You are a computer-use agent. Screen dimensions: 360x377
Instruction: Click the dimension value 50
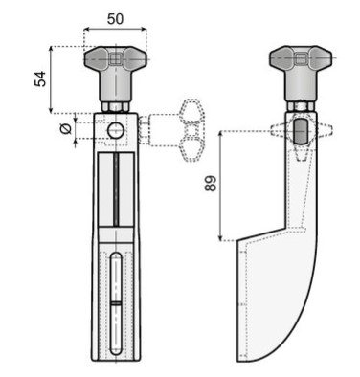(115, 19)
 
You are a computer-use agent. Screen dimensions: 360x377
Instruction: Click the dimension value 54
(40, 78)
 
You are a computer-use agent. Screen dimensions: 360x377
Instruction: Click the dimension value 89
(211, 183)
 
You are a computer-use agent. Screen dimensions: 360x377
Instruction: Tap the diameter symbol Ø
(66, 129)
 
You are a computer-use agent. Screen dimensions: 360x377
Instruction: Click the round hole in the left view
(116, 131)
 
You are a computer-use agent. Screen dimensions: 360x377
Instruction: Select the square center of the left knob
(115, 58)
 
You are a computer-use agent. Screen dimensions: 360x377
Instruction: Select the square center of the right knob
(301, 58)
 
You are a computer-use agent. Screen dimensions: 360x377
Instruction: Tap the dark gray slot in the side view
(300, 131)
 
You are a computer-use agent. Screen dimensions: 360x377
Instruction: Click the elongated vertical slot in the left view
(116, 303)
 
